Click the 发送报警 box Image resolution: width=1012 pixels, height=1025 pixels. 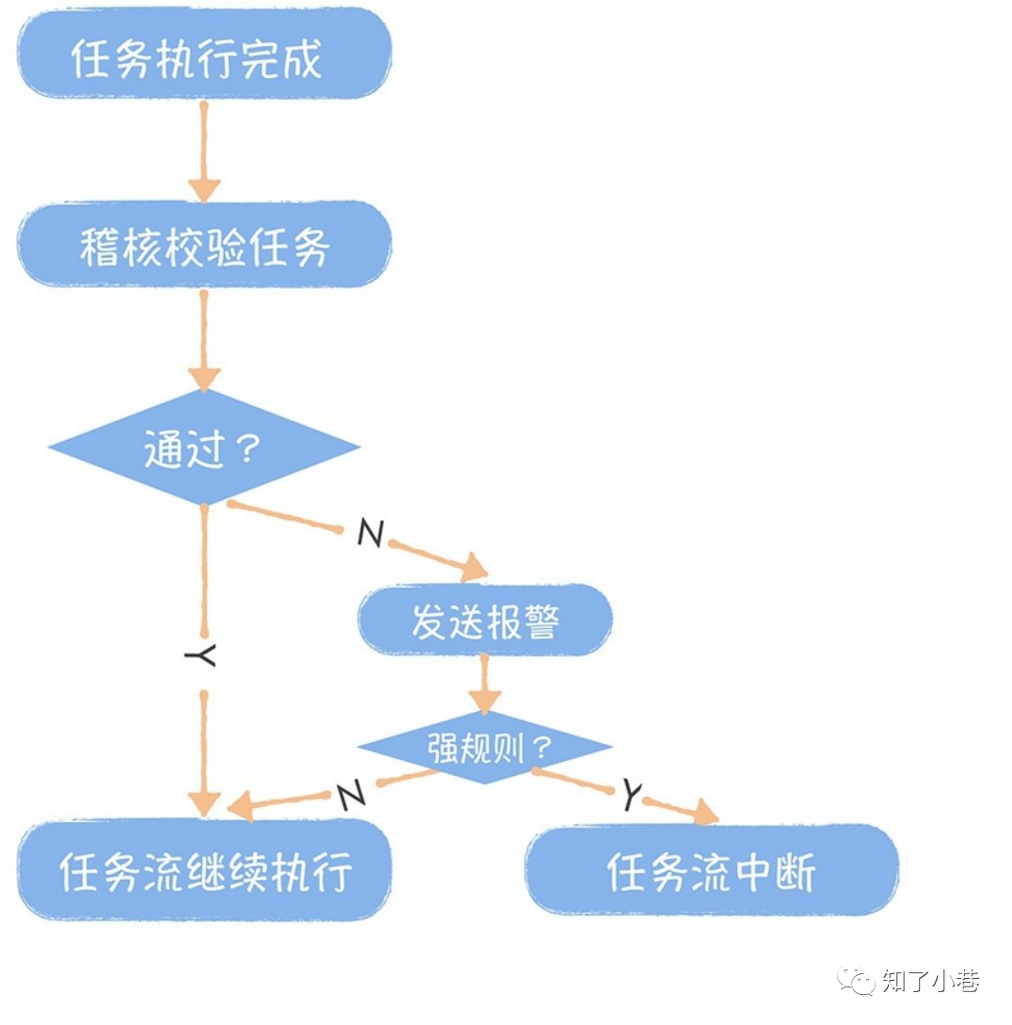coord(485,620)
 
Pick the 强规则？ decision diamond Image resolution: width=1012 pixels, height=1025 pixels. coord(485,749)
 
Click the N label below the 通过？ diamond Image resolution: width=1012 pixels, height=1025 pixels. coord(371,535)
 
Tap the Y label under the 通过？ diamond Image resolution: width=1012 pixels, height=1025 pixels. coord(201,655)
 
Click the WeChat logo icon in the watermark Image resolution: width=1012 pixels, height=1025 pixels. coord(857,981)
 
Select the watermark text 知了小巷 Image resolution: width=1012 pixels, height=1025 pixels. coord(931,981)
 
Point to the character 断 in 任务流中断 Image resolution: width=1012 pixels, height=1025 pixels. coord(796,871)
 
